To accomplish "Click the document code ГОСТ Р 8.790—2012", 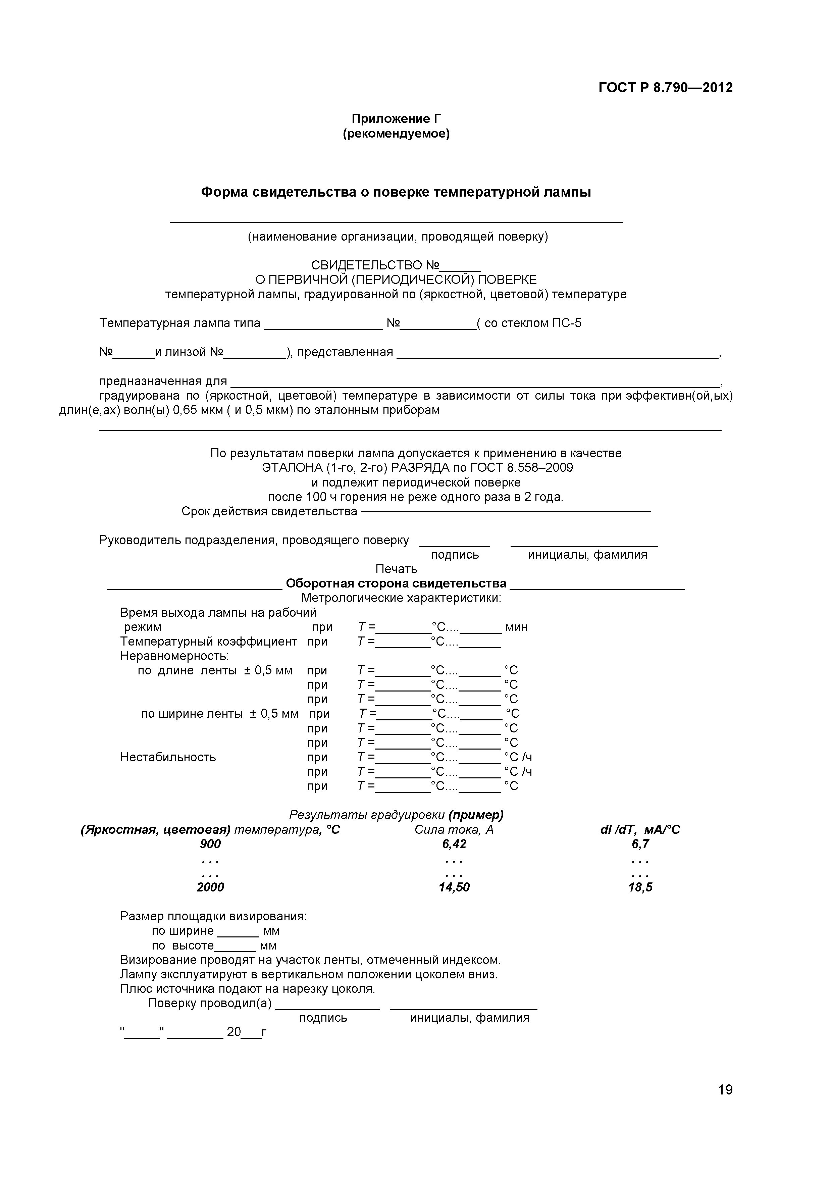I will pyautogui.click(x=665, y=88).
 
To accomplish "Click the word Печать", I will pyautogui.click(x=396, y=569).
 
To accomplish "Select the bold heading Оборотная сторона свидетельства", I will pyautogui.click(x=396, y=583).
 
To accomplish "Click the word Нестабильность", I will pyautogui.click(x=168, y=757).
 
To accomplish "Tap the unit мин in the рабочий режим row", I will pyautogui.click(x=516, y=627).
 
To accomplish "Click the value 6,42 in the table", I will pyautogui.click(x=454, y=844).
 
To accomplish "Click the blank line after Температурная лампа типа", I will pyautogui.click(x=323, y=326).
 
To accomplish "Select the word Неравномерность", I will pyautogui.click(x=174, y=656).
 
